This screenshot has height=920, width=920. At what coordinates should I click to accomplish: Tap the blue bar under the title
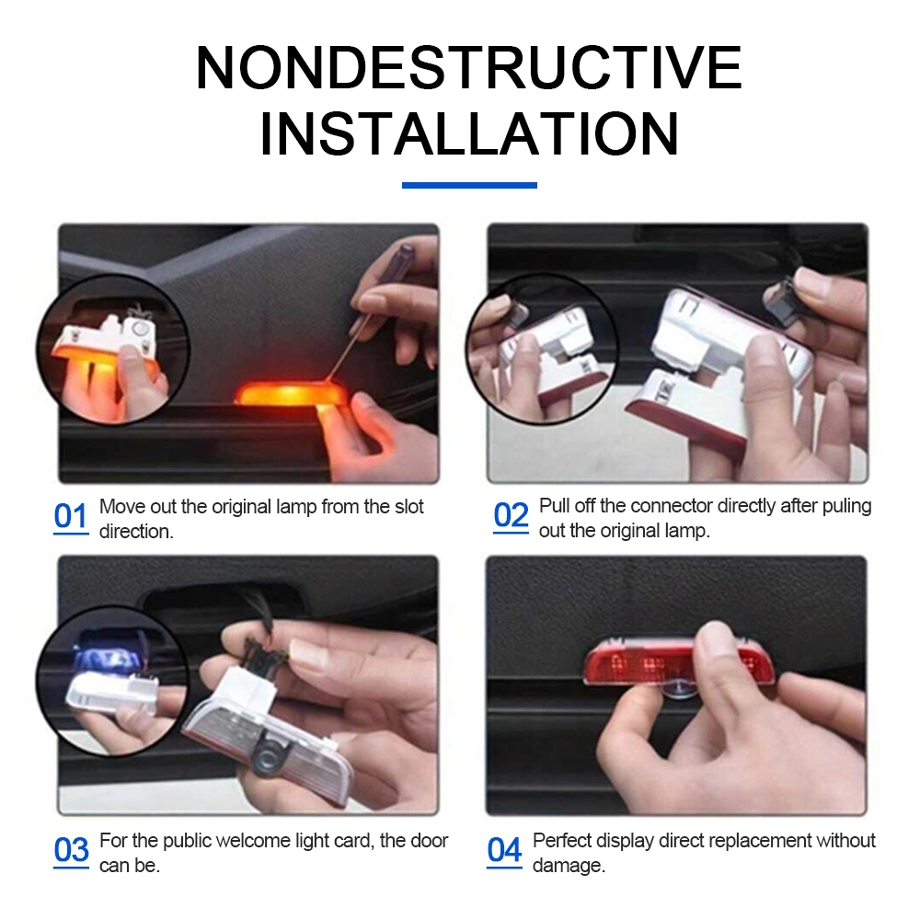(x=469, y=186)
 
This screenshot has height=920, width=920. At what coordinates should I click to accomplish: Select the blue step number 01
(x=71, y=517)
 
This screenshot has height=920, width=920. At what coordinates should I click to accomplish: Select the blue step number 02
(x=511, y=516)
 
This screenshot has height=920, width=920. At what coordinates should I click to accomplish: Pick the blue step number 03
(x=71, y=850)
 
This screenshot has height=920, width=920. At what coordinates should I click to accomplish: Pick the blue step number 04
(x=504, y=850)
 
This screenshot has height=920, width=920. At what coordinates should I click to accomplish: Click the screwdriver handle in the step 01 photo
(x=401, y=259)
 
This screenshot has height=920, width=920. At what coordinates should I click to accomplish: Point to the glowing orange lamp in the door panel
(x=291, y=394)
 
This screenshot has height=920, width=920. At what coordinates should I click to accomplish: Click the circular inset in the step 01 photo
(x=112, y=350)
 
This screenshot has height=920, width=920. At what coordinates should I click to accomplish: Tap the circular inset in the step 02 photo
(x=542, y=349)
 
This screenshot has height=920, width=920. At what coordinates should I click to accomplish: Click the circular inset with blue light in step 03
(x=112, y=681)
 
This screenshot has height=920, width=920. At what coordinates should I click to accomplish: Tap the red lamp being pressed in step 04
(x=678, y=662)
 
